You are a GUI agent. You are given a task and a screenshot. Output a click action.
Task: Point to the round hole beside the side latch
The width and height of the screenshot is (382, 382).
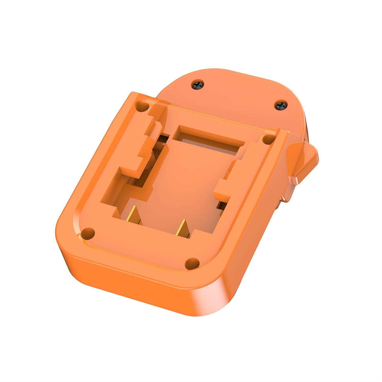(268, 139)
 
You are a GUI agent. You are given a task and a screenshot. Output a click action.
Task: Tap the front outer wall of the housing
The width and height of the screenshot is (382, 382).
(127, 283)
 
